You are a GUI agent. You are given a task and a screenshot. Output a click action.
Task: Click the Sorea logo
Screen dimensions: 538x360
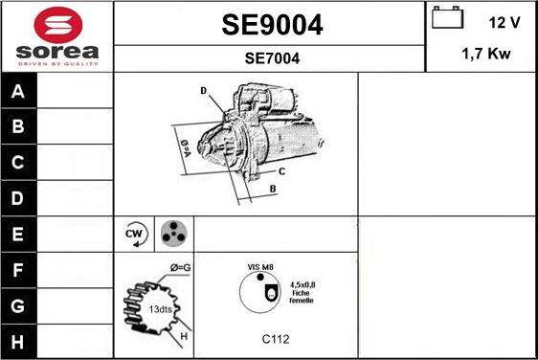(56, 35)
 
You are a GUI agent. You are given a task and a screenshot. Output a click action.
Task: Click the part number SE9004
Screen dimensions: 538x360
(271, 25)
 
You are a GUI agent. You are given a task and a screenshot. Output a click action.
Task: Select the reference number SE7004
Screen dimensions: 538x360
(271, 58)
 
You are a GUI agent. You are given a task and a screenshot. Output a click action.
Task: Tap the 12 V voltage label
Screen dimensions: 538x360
(504, 20)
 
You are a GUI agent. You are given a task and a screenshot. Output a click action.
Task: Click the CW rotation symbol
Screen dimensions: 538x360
(134, 234)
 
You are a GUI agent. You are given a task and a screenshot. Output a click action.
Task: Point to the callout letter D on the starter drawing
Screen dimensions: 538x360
(204, 91)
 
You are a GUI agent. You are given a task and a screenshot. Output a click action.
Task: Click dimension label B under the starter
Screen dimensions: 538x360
(273, 189)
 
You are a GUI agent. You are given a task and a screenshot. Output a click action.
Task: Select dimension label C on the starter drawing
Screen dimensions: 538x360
(281, 171)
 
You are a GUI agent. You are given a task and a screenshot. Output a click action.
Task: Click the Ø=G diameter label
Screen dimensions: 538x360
(181, 267)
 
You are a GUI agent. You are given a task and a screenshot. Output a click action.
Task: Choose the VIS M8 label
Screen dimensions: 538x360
(260, 267)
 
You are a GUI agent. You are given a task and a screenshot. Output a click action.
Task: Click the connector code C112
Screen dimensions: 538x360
(276, 339)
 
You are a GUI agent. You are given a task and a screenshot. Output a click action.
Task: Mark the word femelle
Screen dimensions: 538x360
(302, 301)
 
